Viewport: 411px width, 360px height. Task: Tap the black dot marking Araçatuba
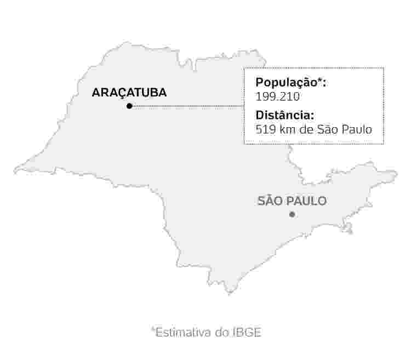click(x=129, y=106)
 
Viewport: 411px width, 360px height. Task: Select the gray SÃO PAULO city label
click(x=292, y=201)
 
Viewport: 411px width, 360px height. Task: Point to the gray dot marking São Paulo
click(x=292, y=214)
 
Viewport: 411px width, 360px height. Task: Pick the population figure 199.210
click(x=278, y=96)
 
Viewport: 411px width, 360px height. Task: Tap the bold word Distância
click(x=284, y=116)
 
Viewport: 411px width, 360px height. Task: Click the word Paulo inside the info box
click(x=358, y=130)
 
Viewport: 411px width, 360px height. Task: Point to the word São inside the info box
click(x=328, y=130)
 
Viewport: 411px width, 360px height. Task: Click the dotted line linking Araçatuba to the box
click(x=186, y=106)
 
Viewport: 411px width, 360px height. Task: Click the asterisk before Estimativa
click(x=153, y=330)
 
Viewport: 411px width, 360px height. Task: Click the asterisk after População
click(x=322, y=81)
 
